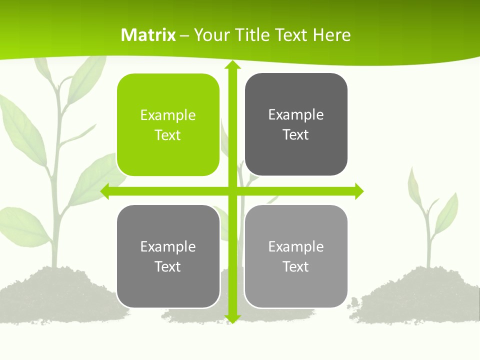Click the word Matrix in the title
coord(148,35)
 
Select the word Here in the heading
coord(331,35)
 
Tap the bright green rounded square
coord(168,124)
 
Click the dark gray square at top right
coord(296,124)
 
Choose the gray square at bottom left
coord(168,256)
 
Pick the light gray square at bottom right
coord(296,256)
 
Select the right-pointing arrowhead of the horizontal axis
coord(359,191)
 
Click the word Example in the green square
coord(168,115)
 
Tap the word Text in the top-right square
coord(296,135)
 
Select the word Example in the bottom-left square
coord(168,246)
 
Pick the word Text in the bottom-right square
coord(296,266)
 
